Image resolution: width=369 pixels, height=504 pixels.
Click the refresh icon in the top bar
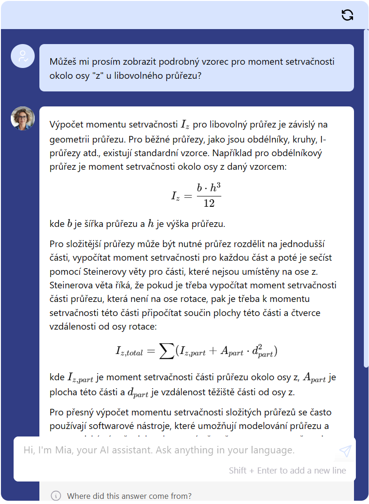pyautogui.click(x=347, y=15)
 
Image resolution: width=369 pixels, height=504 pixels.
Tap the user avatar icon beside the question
pyautogui.click(x=23, y=56)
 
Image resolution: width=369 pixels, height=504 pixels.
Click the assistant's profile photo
pyautogui.click(x=23, y=118)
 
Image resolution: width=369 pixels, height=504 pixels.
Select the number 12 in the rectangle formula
pyautogui.click(x=209, y=203)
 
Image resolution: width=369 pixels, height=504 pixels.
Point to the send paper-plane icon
pyautogui.click(x=345, y=451)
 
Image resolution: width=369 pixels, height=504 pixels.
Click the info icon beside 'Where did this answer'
pyautogui.click(x=56, y=496)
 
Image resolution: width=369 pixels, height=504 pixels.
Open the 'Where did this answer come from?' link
pyautogui.click(x=129, y=496)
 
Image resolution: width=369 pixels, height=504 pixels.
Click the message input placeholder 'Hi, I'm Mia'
pyautogui.click(x=159, y=451)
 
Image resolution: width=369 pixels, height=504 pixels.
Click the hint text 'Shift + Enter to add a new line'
pyautogui.click(x=287, y=470)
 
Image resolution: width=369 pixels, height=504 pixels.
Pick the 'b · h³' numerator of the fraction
pyautogui.click(x=209, y=188)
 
